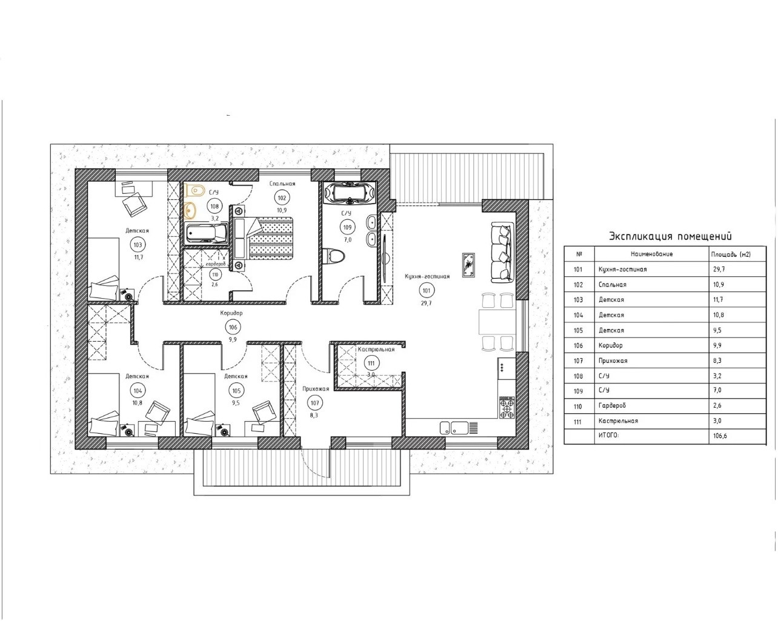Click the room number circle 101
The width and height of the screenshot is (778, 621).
[x=427, y=290]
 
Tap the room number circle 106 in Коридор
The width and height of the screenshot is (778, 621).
[x=233, y=327]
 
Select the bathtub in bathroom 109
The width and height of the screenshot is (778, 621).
[x=349, y=193]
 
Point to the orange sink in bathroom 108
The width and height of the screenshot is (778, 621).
[x=190, y=210]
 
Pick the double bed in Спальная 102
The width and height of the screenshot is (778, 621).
[x=264, y=238]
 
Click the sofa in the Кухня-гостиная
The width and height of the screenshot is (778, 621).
[x=502, y=252]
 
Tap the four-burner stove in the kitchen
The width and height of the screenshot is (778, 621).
[x=507, y=407]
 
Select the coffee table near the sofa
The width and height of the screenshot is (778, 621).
[x=468, y=265]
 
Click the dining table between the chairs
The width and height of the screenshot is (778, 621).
[x=497, y=322]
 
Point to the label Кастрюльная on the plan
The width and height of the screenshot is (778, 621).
[x=376, y=350]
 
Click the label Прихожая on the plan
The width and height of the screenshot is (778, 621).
[x=316, y=389]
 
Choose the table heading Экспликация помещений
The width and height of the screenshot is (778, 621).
[x=670, y=236]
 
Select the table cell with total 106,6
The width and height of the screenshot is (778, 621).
[x=720, y=436]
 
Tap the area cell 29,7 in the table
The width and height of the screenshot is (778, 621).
[x=719, y=269]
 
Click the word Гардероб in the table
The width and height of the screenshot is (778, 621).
[x=612, y=405]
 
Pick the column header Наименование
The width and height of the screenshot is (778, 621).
[x=651, y=254]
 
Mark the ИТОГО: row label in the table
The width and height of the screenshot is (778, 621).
[x=608, y=436]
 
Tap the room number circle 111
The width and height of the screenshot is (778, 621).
[x=371, y=364]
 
